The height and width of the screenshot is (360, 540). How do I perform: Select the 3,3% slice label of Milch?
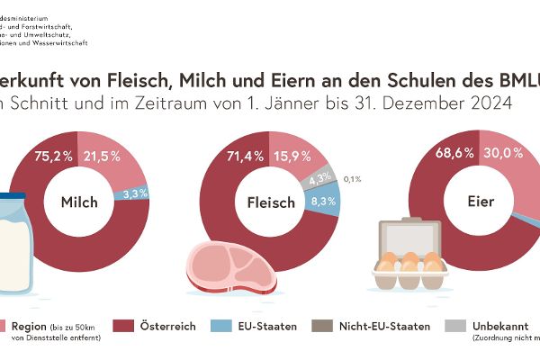(134, 192)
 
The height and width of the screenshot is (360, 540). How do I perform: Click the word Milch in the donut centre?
(79, 202)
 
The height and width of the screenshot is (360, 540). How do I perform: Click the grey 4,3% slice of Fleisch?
(319, 179)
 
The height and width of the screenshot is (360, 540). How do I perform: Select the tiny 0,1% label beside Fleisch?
(353, 178)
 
